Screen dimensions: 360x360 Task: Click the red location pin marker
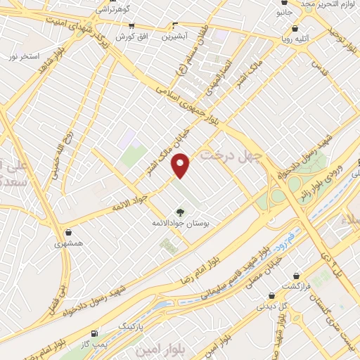[x=181, y=165]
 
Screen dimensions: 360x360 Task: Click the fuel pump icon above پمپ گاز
[x=95, y=333]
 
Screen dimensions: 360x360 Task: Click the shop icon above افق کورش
[x=130, y=25]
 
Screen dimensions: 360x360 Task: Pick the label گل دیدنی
[x=270, y=306]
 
